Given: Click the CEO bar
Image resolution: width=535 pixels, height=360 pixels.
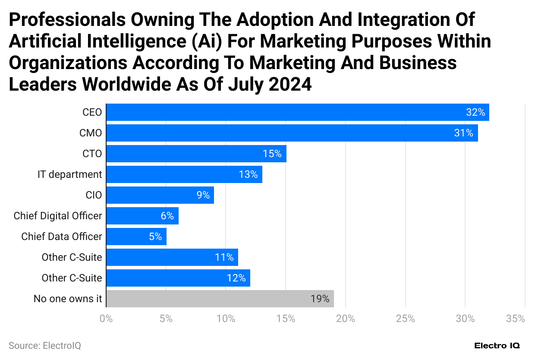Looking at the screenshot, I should (297, 112).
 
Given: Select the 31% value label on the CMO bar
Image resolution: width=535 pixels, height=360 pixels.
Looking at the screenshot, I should (463, 133).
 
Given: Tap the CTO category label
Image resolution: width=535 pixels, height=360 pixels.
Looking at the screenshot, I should (92, 154).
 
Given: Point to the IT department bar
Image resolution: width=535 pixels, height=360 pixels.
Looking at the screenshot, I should (184, 174).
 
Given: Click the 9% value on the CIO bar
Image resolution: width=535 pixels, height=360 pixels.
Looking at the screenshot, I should (203, 195).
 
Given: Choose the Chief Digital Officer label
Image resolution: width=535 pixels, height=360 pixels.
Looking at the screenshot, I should (58, 216).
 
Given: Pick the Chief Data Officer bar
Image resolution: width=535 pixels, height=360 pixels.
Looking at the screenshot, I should (136, 237).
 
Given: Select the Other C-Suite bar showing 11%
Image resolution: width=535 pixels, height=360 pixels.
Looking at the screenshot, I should (172, 257).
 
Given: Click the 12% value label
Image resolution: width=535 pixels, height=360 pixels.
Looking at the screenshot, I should (236, 278).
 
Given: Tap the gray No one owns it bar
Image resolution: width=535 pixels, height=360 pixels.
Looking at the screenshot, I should (220, 299).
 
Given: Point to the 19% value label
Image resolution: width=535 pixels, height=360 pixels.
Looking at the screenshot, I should (320, 299).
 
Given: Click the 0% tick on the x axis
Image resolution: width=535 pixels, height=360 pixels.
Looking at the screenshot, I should (106, 319).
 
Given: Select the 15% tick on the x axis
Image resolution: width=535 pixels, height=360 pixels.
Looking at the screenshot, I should (286, 319).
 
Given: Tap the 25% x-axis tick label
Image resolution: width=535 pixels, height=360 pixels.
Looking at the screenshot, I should (405, 319).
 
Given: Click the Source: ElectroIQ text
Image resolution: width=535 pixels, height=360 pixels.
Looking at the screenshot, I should (45, 346).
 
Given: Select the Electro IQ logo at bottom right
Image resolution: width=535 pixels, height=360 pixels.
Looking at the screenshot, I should (497, 346).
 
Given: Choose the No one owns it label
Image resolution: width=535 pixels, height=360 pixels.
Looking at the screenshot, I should (68, 299).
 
